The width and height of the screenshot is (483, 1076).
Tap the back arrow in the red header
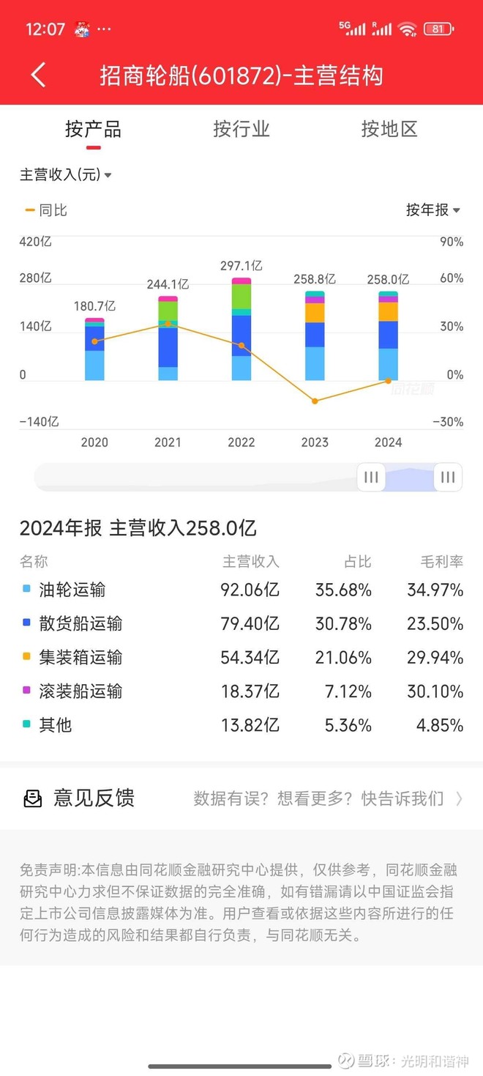pyautogui.click(x=39, y=75)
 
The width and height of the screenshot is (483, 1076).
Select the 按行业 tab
pyautogui.click(x=241, y=130)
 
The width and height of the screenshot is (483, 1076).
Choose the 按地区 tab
pyautogui.click(x=389, y=130)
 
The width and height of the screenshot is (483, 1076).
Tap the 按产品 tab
pyautogui.click(x=93, y=130)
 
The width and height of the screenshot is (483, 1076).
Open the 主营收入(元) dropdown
pyautogui.click(x=65, y=175)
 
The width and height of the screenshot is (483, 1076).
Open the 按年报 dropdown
pyautogui.click(x=433, y=210)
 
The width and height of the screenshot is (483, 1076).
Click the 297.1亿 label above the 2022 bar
pyautogui.click(x=241, y=266)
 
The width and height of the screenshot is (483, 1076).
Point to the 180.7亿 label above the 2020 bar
pyautogui.click(x=94, y=306)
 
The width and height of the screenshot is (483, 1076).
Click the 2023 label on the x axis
pyautogui.click(x=315, y=442)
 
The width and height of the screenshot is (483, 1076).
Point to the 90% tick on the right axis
pyautogui.click(x=451, y=242)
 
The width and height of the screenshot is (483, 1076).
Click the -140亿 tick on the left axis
pyautogui.click(x=39, y=422)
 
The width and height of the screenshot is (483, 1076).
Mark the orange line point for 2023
pyautogui.click(x=315, y=401)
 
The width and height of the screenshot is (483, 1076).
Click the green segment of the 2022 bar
pyautogui.click(x=241, y=297)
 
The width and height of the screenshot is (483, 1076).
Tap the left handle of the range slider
pyautogui.click(x=371, y=478)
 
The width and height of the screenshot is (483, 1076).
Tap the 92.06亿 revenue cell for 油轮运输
pyautogui.click(x=250, y=590)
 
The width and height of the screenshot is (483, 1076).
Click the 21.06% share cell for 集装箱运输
pyautogui.click(x=343, y=658)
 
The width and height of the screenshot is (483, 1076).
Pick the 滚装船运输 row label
pyautogui.click(x=80, y=691)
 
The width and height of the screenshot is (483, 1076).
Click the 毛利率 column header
pyautogui.click(x=441, y=562)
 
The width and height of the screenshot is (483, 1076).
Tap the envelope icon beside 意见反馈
pyautogui.click(x=33, y=798)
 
